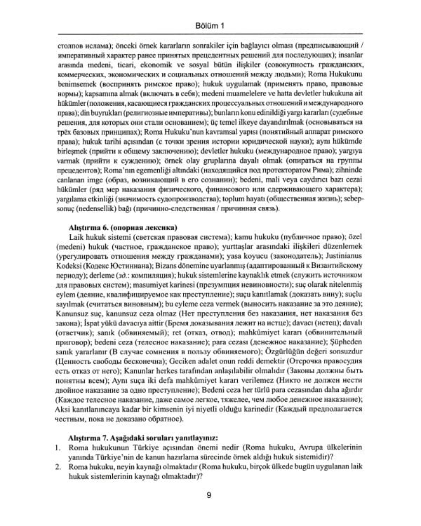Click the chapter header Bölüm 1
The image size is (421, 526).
(210, 27)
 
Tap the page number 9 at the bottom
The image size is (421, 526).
(209, 495)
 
